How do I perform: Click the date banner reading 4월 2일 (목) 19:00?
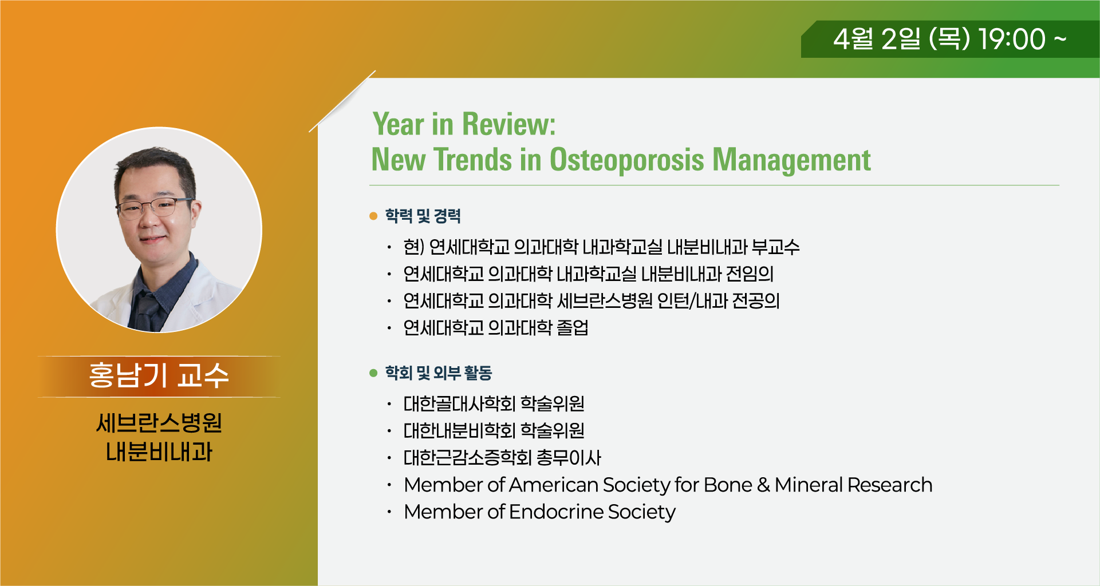click(950, 39)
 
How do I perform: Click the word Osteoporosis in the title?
click(626, 160)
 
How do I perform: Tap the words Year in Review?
click(464, 124)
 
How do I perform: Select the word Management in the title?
click(791, 160)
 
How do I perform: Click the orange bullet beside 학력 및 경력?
click(374, 216)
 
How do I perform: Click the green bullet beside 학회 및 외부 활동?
click(374, 373)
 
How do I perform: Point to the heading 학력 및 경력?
click(423, 216)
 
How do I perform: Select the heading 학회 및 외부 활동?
click(439, 373)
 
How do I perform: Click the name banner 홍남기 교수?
click(159, 376)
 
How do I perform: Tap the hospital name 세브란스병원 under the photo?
click(159, 423)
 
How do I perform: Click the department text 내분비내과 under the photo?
click(159, 452)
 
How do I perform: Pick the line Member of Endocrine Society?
click(539, 512)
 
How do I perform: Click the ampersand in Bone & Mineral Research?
click(763, 485)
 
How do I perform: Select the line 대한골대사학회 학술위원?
click(494, 403)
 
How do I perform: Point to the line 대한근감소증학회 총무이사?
click(502, 457)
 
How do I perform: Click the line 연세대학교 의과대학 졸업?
click(496, 327)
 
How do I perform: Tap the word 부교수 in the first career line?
click(775, 247)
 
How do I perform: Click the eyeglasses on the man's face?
click(153, 207)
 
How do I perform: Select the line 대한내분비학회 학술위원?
click(494, 430)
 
